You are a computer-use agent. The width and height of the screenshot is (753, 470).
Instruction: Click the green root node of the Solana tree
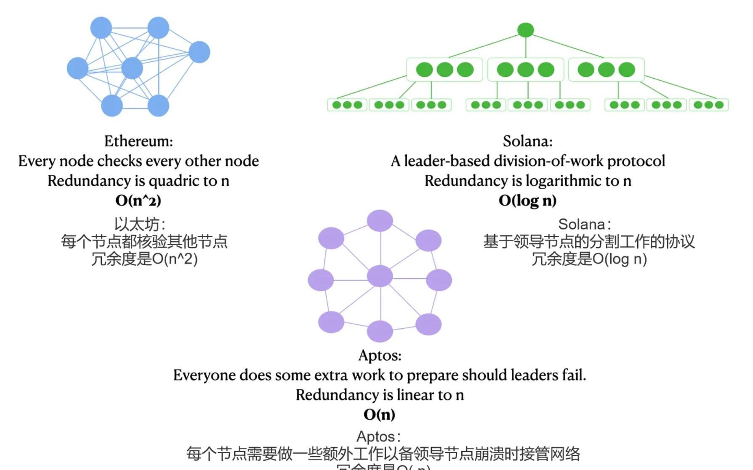(525, 30)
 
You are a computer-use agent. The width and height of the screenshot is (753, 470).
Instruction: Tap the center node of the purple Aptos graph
(380, 276)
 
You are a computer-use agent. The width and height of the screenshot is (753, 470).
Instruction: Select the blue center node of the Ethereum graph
(132, 68)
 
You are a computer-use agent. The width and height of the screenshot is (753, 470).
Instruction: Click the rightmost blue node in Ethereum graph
(199, 52)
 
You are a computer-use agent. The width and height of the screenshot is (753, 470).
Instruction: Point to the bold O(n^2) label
(138, 201)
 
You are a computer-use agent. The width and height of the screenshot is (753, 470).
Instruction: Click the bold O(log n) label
(527, 201)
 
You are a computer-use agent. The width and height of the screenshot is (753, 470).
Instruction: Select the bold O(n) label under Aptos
(379, 415)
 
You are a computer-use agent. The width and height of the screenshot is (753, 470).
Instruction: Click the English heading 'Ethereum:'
(138, 141)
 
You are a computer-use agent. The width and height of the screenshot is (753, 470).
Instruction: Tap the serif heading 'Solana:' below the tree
(527, 141)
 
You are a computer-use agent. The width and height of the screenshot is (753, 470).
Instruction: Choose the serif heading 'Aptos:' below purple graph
(380, 355)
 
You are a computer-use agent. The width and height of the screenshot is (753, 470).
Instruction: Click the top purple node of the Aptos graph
(380, 221)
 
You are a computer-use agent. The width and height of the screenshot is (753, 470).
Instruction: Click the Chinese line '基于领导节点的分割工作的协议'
(588, 242)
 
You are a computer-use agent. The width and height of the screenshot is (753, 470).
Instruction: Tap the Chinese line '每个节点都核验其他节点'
(144, 242)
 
